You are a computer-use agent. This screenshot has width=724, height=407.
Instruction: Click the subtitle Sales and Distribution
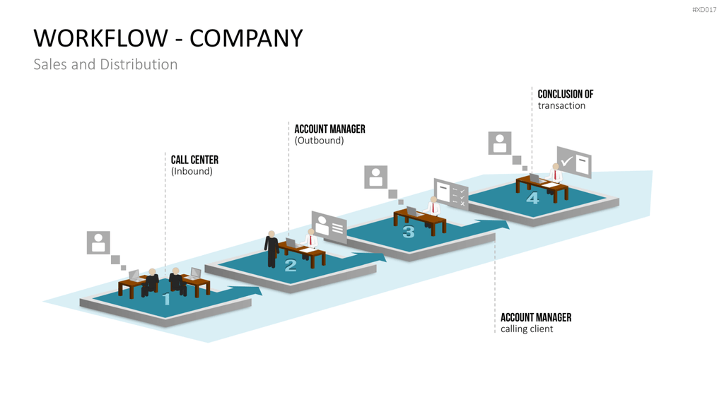(105, 64)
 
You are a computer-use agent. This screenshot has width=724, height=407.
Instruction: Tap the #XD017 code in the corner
(704, 10)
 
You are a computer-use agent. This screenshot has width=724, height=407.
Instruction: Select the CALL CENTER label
(194, 160)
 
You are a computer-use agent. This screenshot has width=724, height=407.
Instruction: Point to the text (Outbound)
(319, 141)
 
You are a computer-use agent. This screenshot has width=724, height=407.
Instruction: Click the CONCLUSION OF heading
(565, 94)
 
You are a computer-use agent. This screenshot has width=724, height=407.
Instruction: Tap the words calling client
(527, 329)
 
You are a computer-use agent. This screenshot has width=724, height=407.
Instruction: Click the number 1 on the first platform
(167, 300)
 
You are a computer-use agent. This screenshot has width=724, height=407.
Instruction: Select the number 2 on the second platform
(291, 266)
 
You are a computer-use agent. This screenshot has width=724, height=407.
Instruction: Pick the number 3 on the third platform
(409, 232)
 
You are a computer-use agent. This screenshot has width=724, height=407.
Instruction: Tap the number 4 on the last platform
(533, 198)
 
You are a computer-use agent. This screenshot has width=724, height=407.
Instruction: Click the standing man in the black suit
(271, 249)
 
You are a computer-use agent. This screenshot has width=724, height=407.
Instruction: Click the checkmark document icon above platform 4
(574, 162)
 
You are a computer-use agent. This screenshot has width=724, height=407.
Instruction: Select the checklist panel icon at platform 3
(451, 194)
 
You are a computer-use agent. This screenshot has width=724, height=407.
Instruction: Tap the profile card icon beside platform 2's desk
(329, 226)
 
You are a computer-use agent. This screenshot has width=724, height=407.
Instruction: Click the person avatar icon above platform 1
(98, 243)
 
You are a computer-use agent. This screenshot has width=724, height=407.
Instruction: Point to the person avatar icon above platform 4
(500, 143)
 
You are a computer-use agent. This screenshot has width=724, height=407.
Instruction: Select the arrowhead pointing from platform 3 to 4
(501, 225)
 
